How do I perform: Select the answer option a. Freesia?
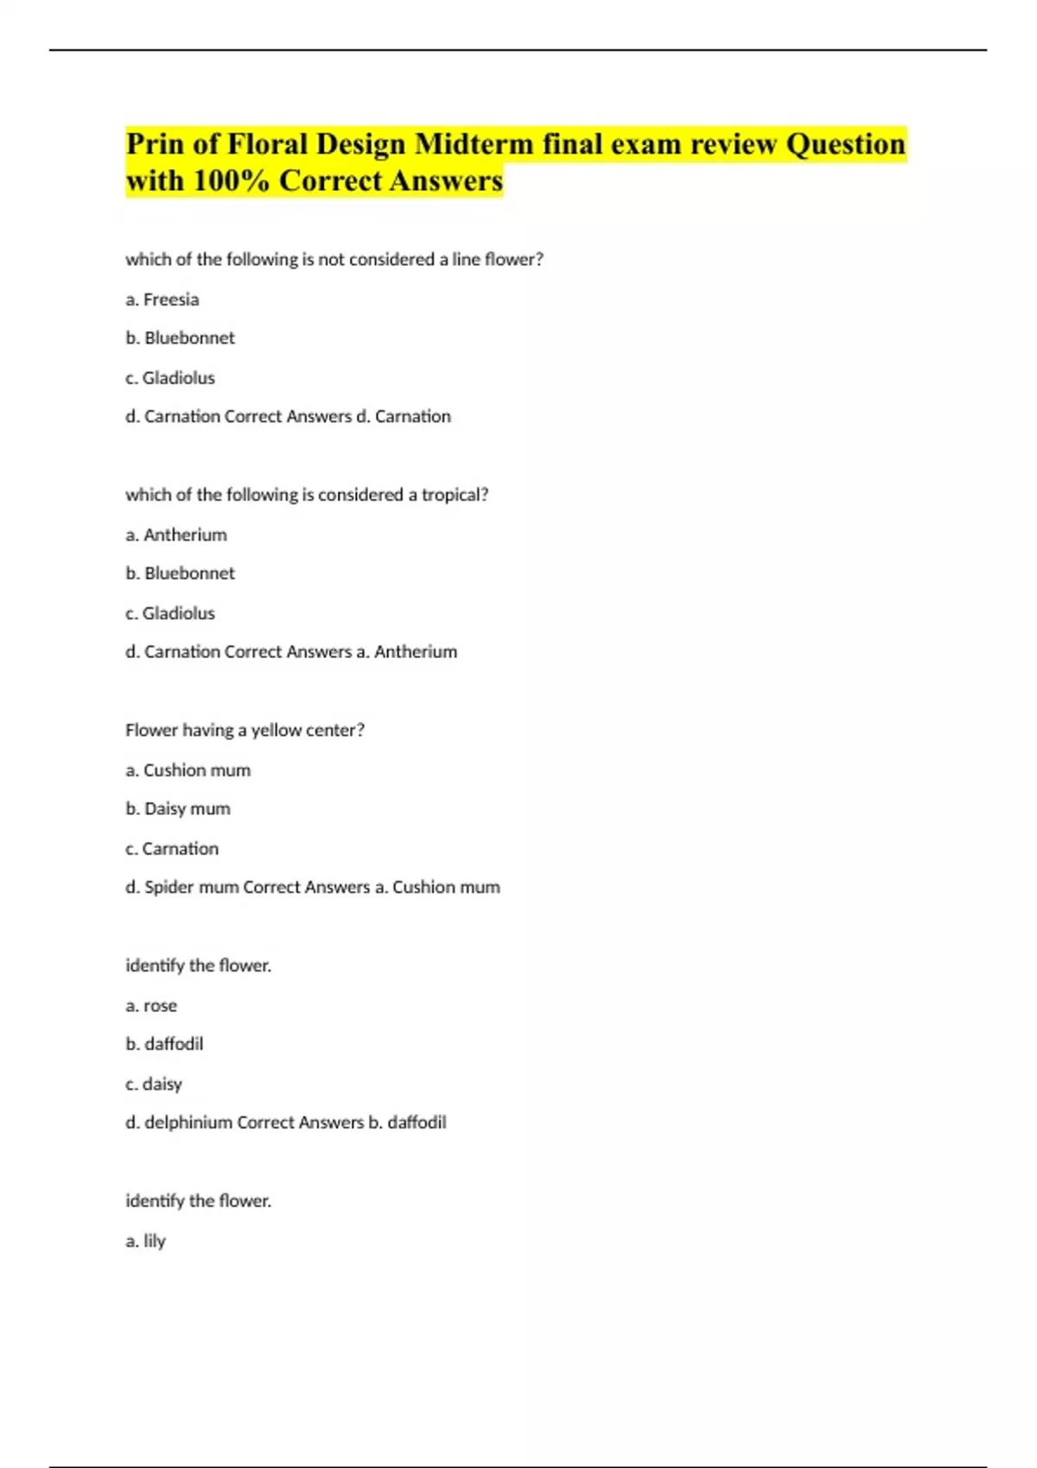(x=162, y=300)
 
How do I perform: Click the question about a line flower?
(x=334, y=260)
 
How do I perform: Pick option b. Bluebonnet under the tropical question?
(x=180, y=573)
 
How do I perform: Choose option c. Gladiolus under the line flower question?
(x=170, y=378)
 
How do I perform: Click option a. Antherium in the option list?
(x=176, y=535)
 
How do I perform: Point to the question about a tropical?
(x=307, y=495)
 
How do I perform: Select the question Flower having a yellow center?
(x=245, y=731)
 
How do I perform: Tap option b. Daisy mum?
(x=178, y=809)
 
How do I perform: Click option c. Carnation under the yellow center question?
(x=172, y=849)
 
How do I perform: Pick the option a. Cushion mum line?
(x=188, y=770)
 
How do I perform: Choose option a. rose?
(x=151, y=1006)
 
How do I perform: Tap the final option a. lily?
(x=145, y=1241)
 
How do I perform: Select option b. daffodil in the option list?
(x=164, y=1044)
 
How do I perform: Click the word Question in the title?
(x=844, y=144)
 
